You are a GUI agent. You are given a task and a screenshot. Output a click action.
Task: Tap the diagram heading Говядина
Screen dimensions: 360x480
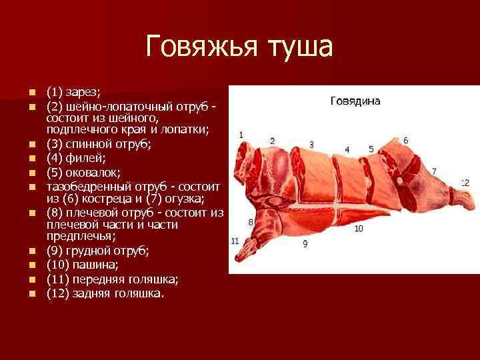tap(355, 101)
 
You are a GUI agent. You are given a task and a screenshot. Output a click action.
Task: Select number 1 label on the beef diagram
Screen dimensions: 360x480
tap(241, 135)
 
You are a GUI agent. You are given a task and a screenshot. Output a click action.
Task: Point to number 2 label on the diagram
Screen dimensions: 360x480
tap(273, 141)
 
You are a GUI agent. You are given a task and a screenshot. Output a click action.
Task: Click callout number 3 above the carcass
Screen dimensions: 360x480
tap(312, 145)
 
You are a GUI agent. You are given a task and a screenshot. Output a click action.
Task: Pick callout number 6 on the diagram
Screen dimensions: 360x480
tap(406, 141)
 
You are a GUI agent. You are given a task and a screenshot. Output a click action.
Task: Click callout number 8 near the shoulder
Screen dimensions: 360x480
tap(250, 221)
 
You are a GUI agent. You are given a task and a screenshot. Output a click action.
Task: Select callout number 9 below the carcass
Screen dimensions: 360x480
tap(305, 244)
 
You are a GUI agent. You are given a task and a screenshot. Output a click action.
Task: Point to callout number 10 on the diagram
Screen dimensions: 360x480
tap(359, 229)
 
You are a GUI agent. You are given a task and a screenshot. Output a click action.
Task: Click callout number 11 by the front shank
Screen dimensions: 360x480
tap(235, 240)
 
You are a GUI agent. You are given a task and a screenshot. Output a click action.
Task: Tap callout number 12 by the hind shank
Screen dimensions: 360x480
tap(465, 181)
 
